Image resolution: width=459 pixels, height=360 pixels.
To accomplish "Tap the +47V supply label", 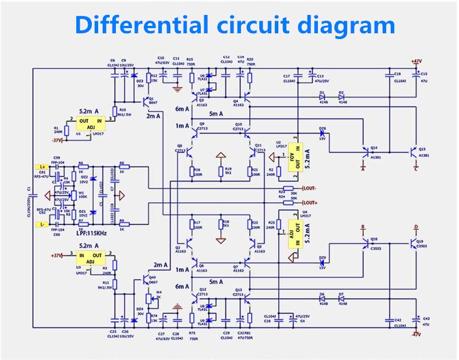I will click(x=416, y=61).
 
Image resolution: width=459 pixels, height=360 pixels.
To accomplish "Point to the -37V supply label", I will click(x=57, y=140).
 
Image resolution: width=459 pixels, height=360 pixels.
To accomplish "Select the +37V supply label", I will click(x=57, y=255).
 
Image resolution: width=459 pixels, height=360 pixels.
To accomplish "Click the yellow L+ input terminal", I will click(x=41, y=166).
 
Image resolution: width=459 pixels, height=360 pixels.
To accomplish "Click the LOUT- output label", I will click(x=309, y=188).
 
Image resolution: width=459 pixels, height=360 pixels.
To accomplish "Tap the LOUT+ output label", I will click(x=309, y=202).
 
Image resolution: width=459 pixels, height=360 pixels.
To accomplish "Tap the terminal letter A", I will click(x=362, y=169).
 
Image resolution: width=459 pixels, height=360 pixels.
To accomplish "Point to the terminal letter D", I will click(x=416, y=227).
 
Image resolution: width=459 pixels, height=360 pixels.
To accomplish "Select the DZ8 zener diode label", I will click(x=322, y=129).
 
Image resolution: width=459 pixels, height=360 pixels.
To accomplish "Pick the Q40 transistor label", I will click(x=152, y=277).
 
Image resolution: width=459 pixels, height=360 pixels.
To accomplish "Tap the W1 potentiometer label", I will click(x=81, y=193).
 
